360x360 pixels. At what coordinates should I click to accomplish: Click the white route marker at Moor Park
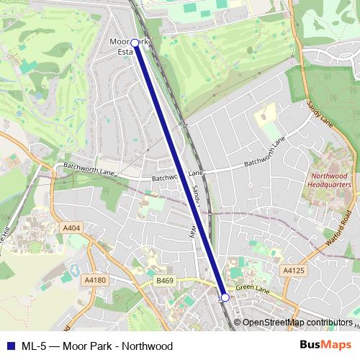point(135,43)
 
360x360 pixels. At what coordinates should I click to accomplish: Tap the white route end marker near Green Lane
point(225,297)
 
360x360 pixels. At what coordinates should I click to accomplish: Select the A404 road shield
point(72,228)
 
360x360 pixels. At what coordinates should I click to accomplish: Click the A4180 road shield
point(95,279)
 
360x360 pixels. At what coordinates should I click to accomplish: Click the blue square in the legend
point(11,346)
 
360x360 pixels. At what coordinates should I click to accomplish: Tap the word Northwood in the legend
point(147,346)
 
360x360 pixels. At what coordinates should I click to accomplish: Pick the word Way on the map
point(193,232)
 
